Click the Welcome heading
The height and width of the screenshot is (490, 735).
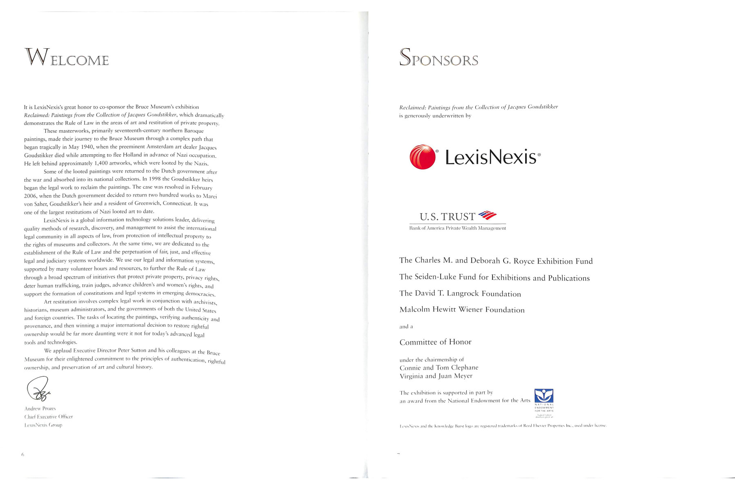[x=67, y=58]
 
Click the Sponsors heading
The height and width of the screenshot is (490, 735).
[x=439, y=58]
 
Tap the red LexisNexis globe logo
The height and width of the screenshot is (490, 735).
[x=423, y=157]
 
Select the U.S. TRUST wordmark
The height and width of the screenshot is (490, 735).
[x=447, y=216]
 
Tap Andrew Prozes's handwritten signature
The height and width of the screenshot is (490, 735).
[x=38, y=389]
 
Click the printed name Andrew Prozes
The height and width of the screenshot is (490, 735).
[x=40, y=408]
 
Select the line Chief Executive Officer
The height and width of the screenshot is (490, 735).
[x=49, y=416]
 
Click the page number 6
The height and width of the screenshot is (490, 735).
[x=23, y=454]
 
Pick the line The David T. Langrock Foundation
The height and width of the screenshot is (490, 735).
[x=460, y=294]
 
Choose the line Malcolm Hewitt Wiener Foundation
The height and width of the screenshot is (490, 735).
[x=462, y=310]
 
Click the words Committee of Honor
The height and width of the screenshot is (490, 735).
[x=435, y=342]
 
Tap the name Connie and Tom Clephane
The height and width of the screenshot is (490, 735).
[x=439, y=367]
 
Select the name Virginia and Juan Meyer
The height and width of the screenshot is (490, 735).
[x=436, y=376]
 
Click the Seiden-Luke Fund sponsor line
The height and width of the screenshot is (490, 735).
[x=494, y=278]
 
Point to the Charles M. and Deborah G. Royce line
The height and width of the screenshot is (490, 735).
[x=496, y=261]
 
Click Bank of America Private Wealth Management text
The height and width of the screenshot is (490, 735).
[x=457, y=228]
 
